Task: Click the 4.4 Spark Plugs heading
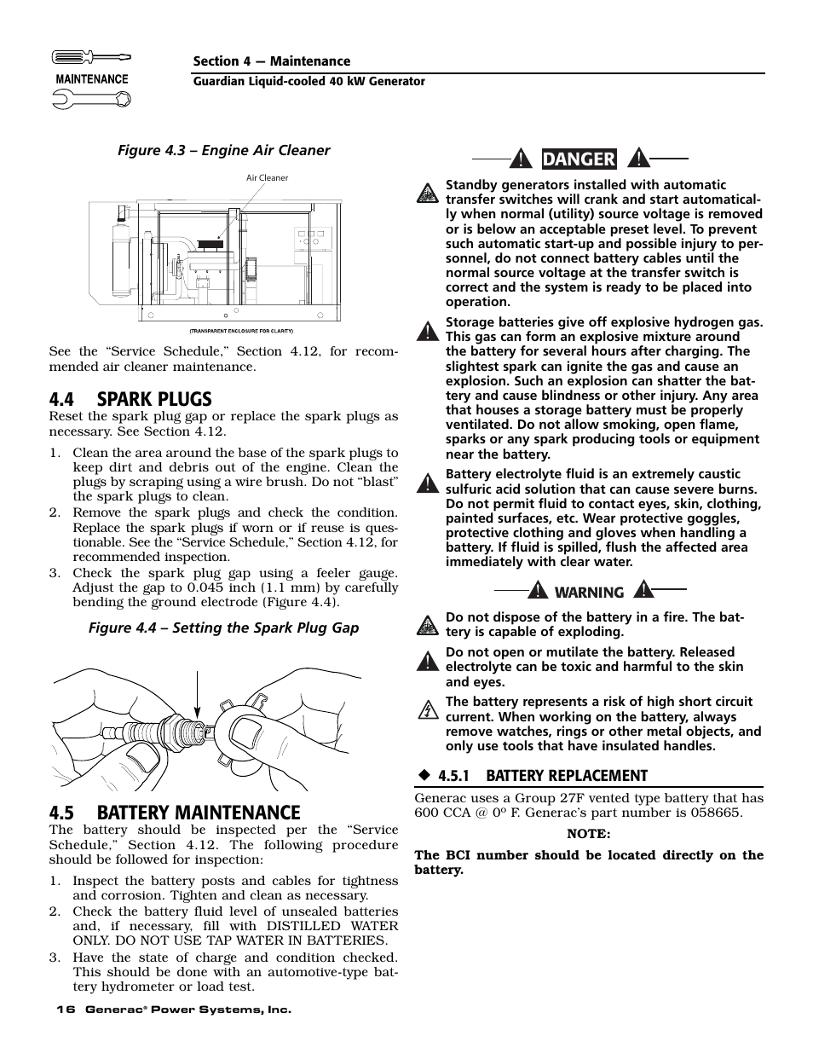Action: pos(130,399)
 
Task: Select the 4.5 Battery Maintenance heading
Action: pos(175,813)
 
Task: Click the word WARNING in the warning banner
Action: pos(590,593)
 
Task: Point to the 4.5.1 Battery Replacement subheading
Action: pos(543,776)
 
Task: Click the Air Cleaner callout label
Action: pos(267,178)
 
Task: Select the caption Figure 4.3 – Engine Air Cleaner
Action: pos(223,150)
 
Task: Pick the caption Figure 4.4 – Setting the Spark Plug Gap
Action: pos(224,628)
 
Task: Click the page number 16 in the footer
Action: pos(66,1010)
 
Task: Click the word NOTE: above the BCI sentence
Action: pos(589,834)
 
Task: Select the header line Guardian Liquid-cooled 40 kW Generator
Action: pos(308,82)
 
